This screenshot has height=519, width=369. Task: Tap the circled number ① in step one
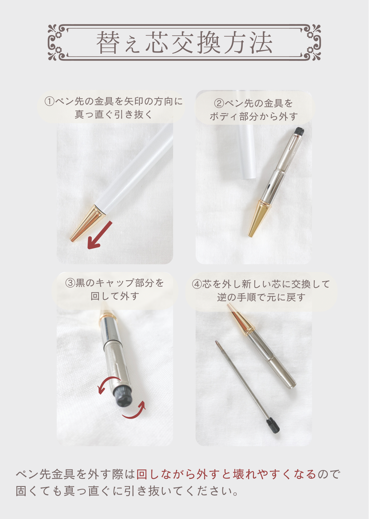49,102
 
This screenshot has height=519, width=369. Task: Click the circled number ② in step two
219,104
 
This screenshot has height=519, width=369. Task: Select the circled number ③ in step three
70,283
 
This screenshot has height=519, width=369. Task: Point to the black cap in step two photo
299,131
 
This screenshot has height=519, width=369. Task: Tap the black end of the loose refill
273,425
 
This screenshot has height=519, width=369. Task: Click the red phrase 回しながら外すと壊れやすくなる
226,474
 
